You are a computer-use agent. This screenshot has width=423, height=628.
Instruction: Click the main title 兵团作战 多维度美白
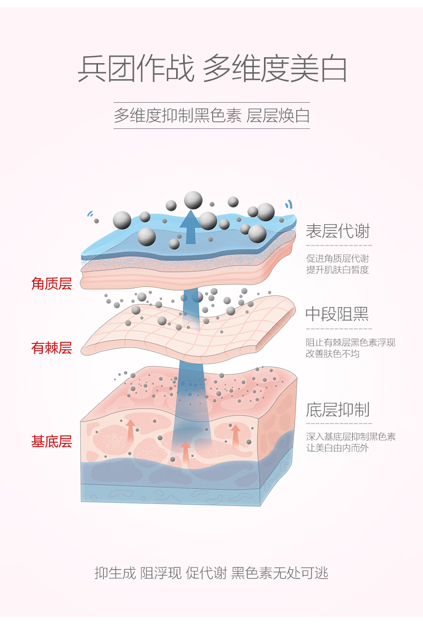tap(212, 69)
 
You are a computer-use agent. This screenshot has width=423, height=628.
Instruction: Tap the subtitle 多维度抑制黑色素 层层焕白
tap(211, 116)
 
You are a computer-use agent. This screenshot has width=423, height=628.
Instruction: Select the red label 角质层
tap(51, 284)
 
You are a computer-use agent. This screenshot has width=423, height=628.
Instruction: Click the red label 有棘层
tap(51, 348)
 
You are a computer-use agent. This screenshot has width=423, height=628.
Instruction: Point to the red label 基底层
tap(51, 442)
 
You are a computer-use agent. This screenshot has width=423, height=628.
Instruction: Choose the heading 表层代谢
tap(337, 231)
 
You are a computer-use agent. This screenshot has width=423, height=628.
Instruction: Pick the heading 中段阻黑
tap(337, 314)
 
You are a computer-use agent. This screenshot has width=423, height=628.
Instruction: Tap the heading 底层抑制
tap(337, 410)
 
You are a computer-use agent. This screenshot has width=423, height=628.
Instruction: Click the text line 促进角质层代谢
tap(337, 259)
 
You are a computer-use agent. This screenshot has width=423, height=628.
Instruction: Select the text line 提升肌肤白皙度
tap(337, 270)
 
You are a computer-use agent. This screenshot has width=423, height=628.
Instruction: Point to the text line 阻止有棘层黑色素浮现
tap(351, 343)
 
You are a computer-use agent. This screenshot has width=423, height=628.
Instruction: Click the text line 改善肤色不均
tap(333, 354)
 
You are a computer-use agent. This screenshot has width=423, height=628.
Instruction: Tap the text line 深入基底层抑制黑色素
tap(351, 436)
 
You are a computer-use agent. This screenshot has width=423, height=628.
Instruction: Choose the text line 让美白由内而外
tap(337, 448)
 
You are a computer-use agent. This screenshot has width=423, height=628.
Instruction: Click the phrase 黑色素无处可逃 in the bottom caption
tap(280, 573)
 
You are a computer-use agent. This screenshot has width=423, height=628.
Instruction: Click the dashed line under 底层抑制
tap(338, 423)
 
